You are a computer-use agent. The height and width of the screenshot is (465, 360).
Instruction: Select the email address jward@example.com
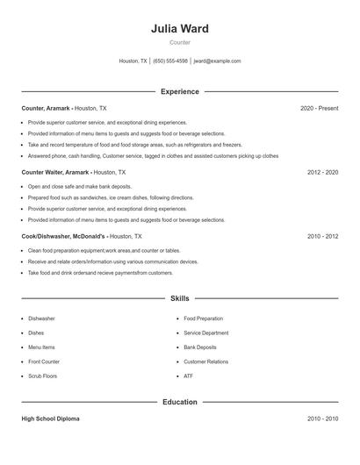pos(217,61)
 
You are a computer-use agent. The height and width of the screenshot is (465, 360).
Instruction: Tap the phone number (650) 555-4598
pos(170,61)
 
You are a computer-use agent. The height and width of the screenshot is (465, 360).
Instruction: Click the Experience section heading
pos(179,91)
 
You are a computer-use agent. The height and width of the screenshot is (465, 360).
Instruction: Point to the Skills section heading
pos(179,298)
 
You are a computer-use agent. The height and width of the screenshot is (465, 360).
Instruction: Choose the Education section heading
pos(179,402)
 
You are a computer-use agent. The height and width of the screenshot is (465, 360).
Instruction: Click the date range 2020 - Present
pos(319,108)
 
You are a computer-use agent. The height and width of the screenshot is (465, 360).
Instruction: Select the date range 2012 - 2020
pos(322,173)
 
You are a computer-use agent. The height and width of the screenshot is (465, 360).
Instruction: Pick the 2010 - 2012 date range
pos(322,237)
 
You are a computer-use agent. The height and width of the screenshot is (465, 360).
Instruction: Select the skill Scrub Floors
pos(42,376)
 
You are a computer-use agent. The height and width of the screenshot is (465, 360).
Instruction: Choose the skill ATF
pos(188,376)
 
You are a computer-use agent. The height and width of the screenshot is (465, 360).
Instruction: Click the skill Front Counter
pos(44,361)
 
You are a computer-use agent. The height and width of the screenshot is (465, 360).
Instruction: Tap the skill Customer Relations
pos(205,361)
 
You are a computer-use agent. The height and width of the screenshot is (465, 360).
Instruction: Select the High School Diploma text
pos(51,419)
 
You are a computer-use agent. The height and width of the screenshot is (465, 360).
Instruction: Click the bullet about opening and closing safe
pos(66,186)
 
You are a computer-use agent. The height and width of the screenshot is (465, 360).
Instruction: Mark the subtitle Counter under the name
pos(179,42)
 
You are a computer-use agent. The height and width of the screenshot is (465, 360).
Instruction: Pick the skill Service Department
pos(205,333)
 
